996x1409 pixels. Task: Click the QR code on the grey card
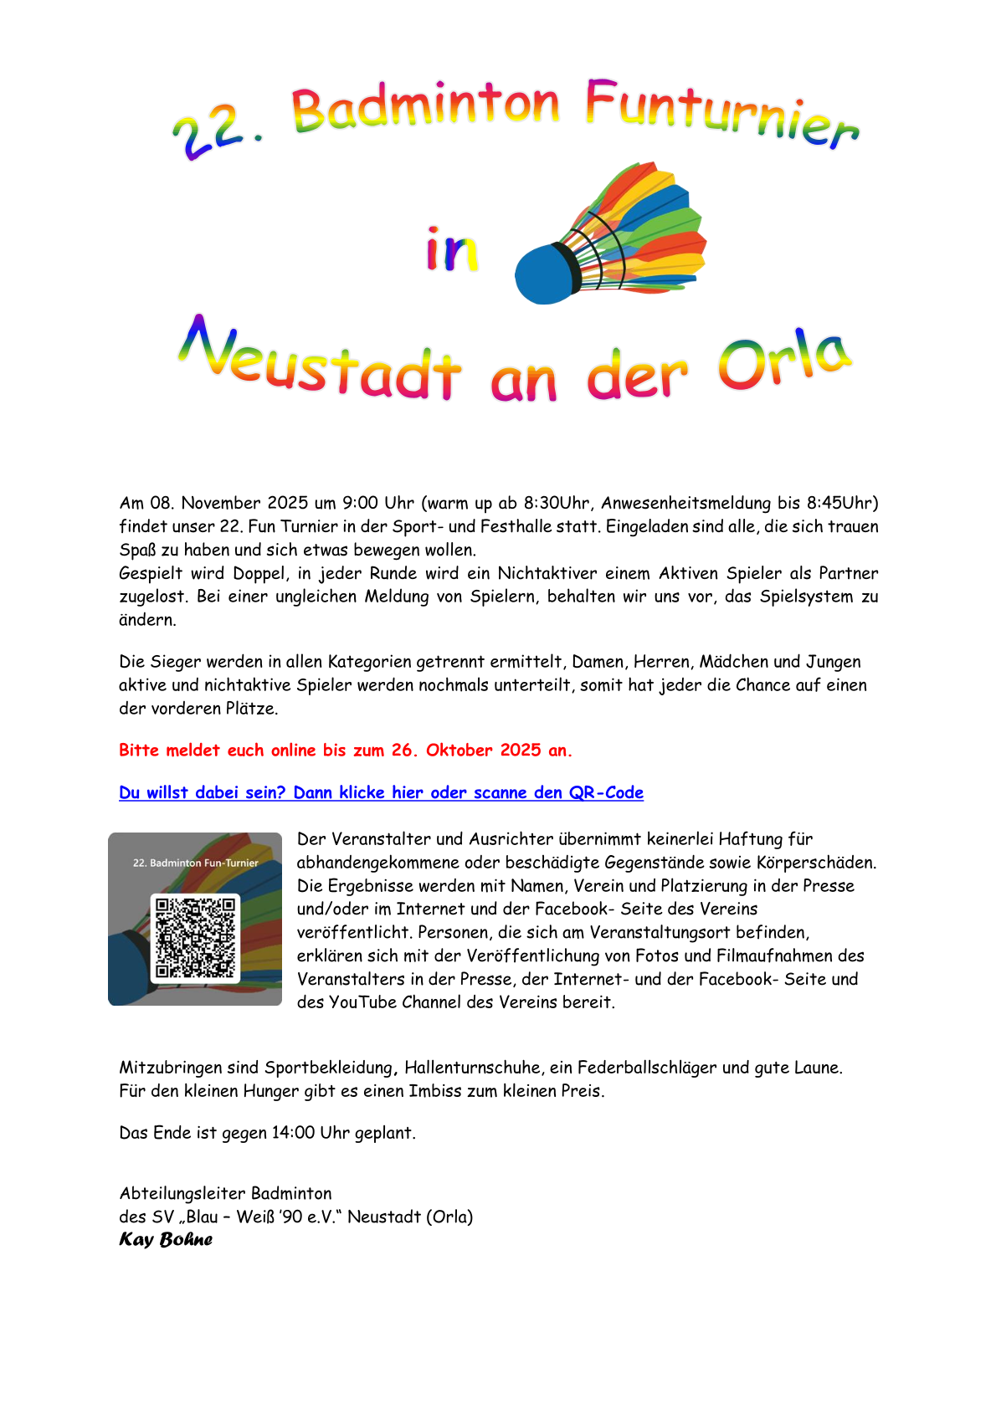(195, 937)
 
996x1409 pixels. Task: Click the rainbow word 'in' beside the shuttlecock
(452, 249)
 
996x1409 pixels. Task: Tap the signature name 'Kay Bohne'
(166, 1239)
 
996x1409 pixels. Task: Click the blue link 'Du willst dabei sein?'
(202, 792)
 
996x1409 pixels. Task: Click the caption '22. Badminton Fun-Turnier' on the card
(196, 863)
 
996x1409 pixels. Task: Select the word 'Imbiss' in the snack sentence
(434, 1091)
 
